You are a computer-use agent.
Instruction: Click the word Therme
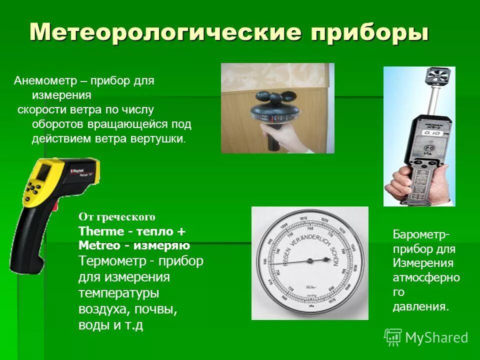click(100, 231)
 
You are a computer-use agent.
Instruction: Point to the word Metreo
click(99, 245)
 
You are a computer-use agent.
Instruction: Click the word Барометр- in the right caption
click(420, 234)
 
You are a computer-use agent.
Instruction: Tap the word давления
click(419, 306)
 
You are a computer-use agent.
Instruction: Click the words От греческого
click(117, 217)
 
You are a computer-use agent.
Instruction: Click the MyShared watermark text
click(436, 337)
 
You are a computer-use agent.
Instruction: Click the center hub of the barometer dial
click(309, 260)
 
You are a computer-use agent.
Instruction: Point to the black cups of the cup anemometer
click(273, 97)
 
